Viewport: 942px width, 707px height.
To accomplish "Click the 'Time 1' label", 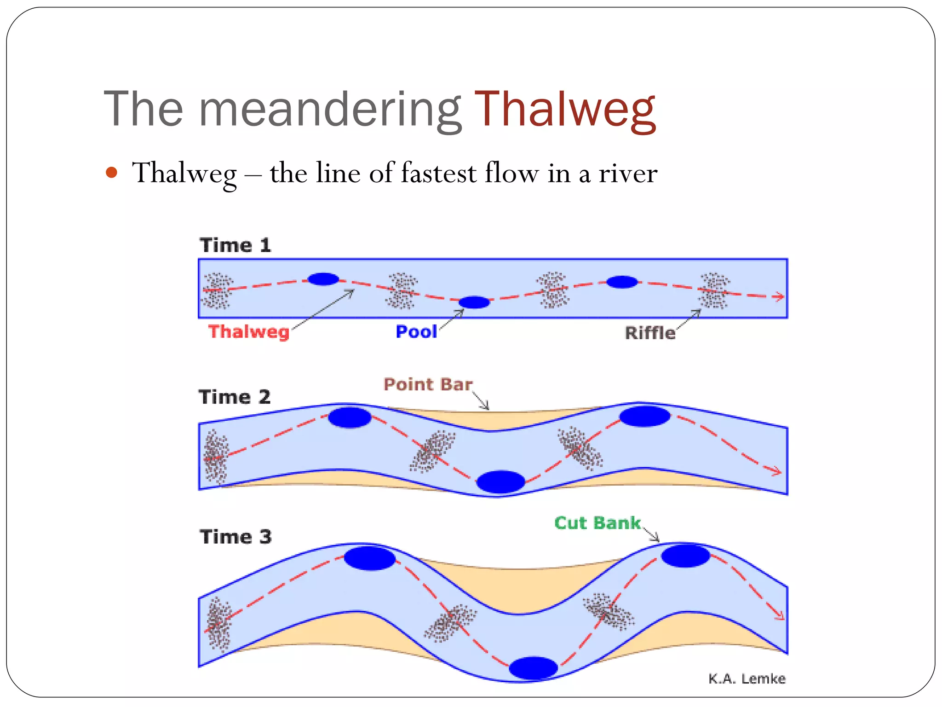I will click(235, 245).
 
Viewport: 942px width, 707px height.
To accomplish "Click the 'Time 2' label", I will click(235, 397).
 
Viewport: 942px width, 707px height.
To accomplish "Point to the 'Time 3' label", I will click(235, 537).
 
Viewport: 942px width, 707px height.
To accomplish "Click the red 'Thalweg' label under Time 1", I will click(249, 331).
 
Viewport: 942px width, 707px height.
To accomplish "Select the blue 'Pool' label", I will click(416, 331).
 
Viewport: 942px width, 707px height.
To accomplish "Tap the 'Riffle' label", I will click(650, 333).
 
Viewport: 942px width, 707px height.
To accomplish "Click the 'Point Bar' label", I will click(428, 384).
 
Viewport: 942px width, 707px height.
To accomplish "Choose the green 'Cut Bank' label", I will click(597, 523).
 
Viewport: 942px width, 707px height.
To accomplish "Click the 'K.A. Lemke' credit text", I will click(747, 678).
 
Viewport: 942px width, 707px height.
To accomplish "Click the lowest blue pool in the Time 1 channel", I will click(474, 302).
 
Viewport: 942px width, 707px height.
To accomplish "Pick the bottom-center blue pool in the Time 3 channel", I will click(534, 668).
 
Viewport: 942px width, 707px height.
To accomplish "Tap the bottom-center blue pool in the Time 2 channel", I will click(500, 481).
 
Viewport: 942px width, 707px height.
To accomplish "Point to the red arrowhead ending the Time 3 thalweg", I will click(780, 615).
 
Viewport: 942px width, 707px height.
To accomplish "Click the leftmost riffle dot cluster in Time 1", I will click(217, 290).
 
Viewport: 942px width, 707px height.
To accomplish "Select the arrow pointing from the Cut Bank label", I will click(651, 535).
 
